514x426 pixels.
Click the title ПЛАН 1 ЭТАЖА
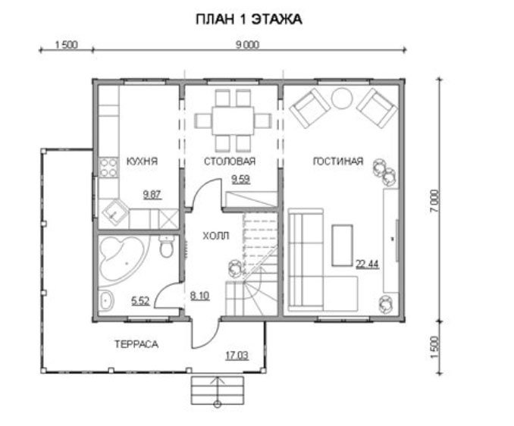pyautogui.click(x=249, y=20)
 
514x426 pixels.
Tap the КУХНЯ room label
pyautogui.click(x=142, y=161)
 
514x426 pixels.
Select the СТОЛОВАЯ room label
pyautogui.click(x=230, y=161)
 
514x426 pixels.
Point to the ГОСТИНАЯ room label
pyautogui.click(x=338, y=161)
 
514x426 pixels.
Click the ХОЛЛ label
pyautogui.click(x=216, y=236)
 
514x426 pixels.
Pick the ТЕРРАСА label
pyautogui.click(x=136, y=344)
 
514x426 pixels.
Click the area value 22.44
pyautogui.click(x=368, y=264)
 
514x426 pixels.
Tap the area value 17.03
pyautogui.click(x=237, y=356)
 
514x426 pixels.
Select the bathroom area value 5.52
pyautogui.click(x=140, y=301)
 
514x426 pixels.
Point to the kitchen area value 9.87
pyautogui.click(x=152, y=195)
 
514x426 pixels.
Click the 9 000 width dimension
pyautogui.click(x=247, y=45)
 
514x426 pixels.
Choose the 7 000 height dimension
pyautogui.click(x=434, y=201)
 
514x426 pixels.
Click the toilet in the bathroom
pyautogui.click(x=167, y=247)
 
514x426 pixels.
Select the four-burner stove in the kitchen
pyautogui.click(x=108, y=167)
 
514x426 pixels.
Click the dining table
pyautogui.click(x=233, y=121)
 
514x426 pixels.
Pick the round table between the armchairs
pyautogui.click(x=342, y=99)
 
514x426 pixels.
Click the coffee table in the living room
pyautogui.click(x=342, y=245)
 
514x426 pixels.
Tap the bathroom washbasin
pyautogui.click(x=106, y=300)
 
